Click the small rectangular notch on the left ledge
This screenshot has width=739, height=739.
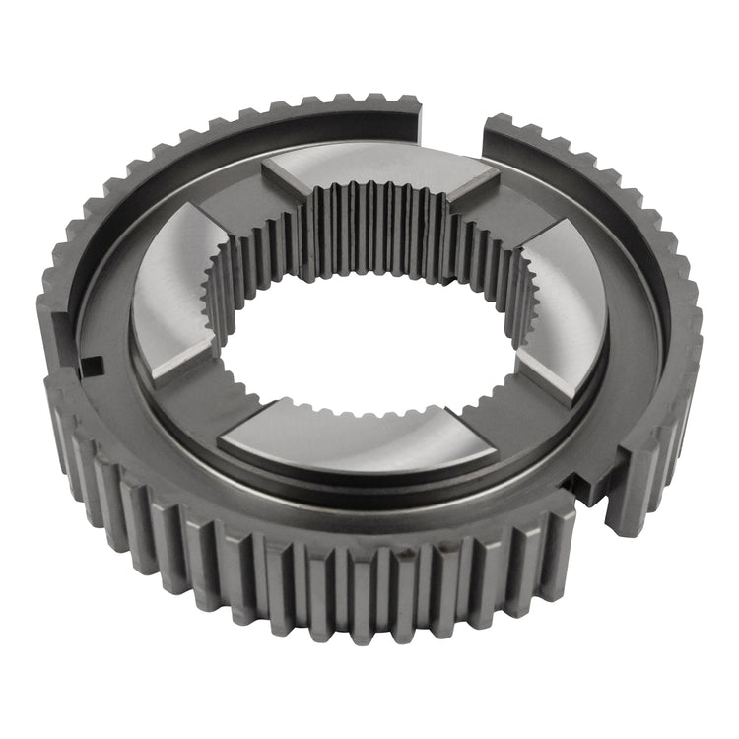point(91,366)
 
